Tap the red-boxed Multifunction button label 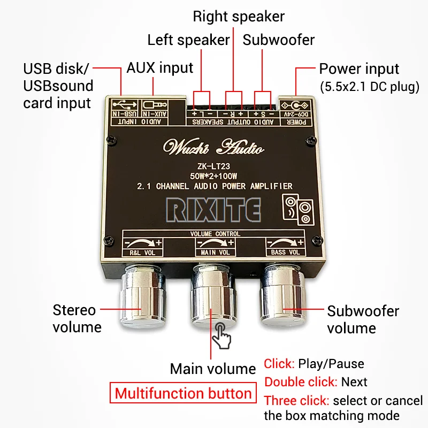coord(183,394)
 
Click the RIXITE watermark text coord(212,209)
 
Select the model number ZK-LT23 coord(214,166)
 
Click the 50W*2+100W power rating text coord(214,176)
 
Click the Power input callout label coord(359,69)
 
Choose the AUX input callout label coord(159,68)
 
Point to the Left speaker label coord(188,40)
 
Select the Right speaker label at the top coord(239,16)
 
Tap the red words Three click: coord(296,400)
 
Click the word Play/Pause coord(331,364)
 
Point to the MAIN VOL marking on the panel coord(216,252)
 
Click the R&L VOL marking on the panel coord(142,252)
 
